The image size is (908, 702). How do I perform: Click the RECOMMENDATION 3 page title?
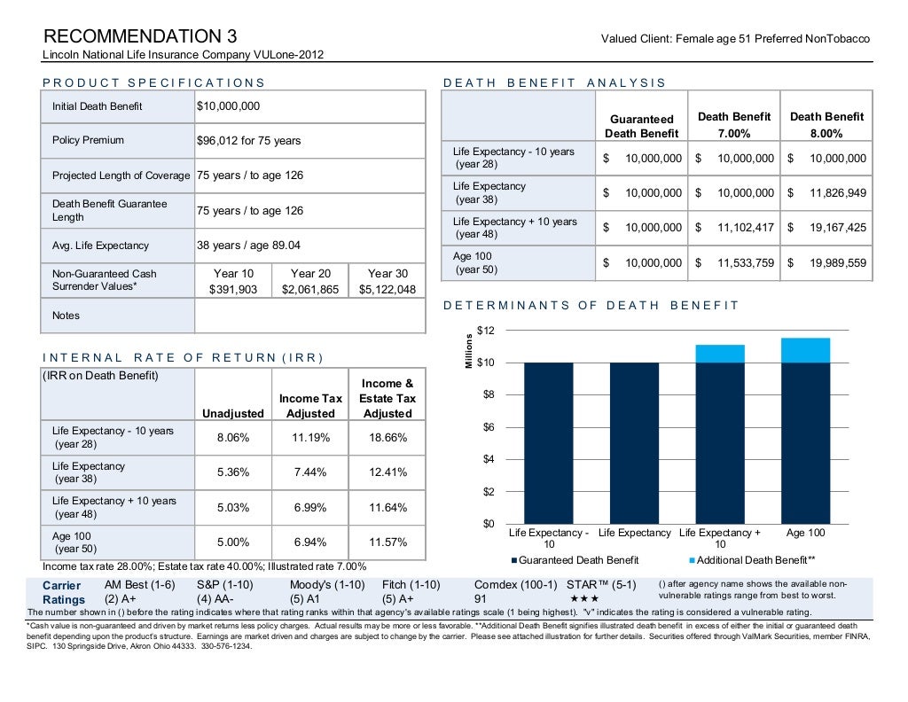pos(141,37)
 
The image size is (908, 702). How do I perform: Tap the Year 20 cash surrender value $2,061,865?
pos(309,289)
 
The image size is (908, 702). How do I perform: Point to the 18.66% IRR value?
pos(387,437)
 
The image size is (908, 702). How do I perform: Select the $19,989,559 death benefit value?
pos(826,263)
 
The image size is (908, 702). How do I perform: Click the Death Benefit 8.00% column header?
pos(826,125)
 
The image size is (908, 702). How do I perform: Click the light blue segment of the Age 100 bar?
pos(805,350)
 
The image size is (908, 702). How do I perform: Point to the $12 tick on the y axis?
pos(485,331)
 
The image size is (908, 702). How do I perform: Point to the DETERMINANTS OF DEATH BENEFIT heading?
pos(591,306)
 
